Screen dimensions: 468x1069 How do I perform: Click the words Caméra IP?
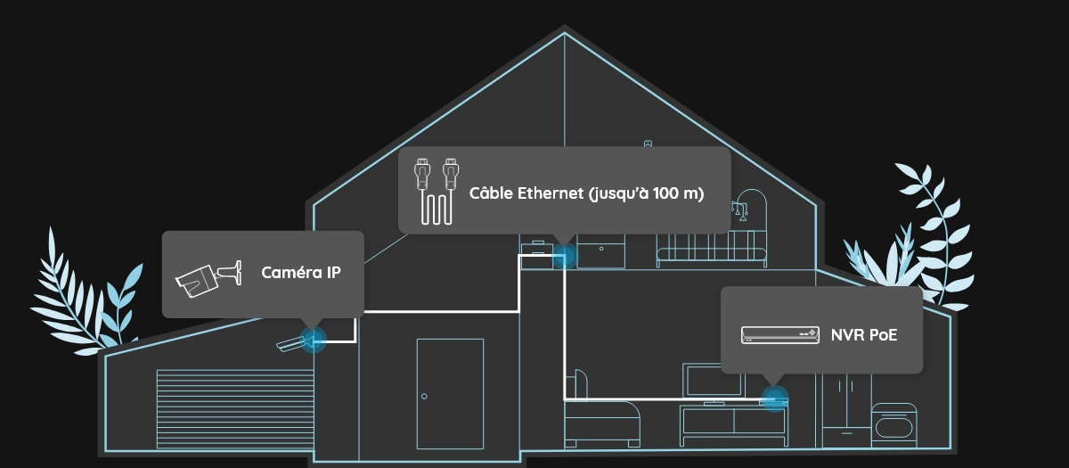click(300, 273)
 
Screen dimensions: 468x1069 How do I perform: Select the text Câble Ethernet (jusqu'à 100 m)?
click(586, 193)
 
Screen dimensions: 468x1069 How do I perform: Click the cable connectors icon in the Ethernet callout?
click(437, 192)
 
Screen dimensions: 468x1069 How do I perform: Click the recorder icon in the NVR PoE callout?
click(780, 335)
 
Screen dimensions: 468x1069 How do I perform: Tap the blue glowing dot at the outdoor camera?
click(313, 339)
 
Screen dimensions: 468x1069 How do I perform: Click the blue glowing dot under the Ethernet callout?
click(564, 258)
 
